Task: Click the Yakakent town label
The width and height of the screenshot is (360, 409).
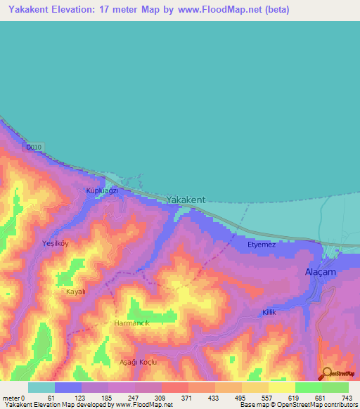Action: click(x=186, y=200)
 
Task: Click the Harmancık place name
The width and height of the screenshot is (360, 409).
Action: click(x=132, y=323)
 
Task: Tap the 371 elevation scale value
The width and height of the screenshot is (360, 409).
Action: click(x=188, y=398)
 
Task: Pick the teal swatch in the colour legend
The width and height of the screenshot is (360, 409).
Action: click(x=41, y=387)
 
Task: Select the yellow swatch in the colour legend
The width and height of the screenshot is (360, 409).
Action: click(x=281, y=387)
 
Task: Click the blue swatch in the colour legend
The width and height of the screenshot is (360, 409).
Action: click(x=68, y=387)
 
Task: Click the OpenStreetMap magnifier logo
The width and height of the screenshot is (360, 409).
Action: click(x=327, y=373)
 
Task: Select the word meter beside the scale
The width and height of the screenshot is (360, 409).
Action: click(x=11, y=398)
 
